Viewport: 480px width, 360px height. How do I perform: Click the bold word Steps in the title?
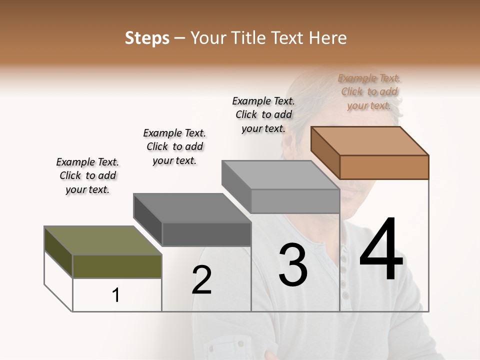147,38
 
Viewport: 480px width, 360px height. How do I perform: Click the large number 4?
381,250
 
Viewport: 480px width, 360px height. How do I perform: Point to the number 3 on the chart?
293,265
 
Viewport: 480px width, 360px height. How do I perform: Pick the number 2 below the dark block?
201,280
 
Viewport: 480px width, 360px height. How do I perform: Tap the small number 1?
115,295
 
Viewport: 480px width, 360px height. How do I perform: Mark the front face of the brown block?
384,167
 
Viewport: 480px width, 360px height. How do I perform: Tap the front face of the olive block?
117,266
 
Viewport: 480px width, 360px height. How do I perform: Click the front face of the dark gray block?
206,234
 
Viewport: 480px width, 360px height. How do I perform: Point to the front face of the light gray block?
295,201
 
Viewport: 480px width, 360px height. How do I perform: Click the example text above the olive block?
87,175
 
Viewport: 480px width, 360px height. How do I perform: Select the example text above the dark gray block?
174,146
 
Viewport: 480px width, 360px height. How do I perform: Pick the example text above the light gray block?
263,114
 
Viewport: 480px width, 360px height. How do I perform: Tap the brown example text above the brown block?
369,91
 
